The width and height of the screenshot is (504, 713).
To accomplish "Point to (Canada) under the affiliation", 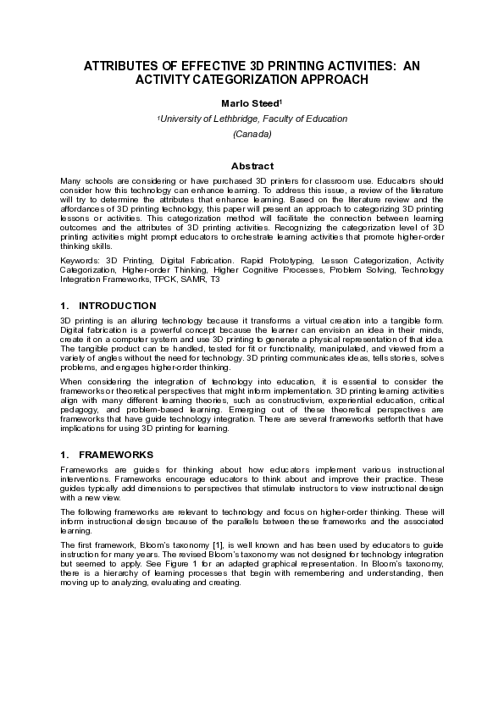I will coord(252,134).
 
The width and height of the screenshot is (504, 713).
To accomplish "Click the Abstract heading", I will coord(252,166).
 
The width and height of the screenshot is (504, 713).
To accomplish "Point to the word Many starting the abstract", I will coord(70,181).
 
